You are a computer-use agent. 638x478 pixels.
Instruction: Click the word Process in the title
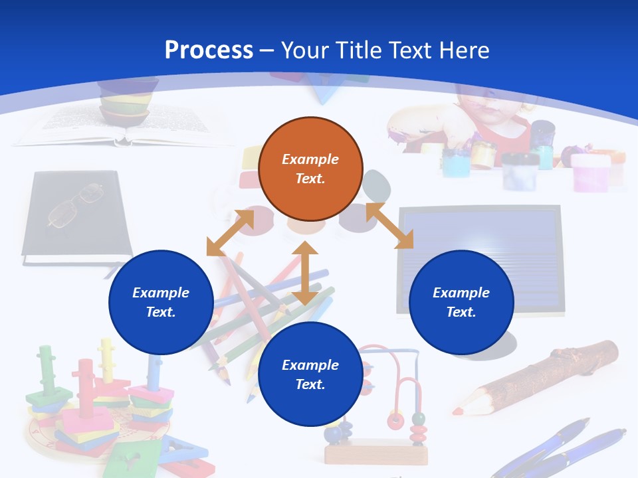[209, 50]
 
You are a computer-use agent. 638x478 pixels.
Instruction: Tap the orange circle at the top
[310, 169]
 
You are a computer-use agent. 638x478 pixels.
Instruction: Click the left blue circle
[161, 302]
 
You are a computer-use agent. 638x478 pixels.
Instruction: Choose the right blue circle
[461, 302]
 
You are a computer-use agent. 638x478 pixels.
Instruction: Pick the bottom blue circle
[310, 374]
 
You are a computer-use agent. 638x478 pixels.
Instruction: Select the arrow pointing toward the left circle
[230, 232]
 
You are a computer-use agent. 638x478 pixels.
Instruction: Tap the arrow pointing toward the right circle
[390, 226]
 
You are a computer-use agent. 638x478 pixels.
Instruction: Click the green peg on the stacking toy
[46, 369]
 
